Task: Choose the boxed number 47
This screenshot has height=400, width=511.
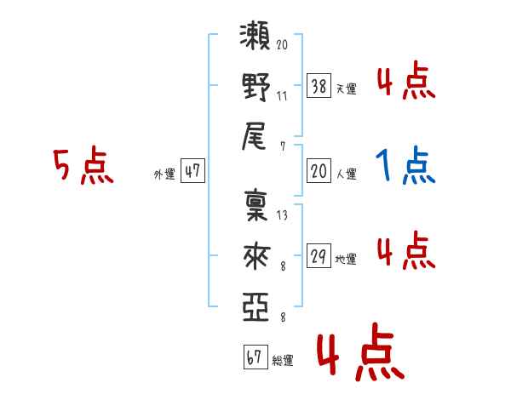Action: coord(192,172)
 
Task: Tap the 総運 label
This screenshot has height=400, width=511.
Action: coord(282,361)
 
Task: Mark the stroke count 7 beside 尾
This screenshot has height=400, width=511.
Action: coord(282,145)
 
